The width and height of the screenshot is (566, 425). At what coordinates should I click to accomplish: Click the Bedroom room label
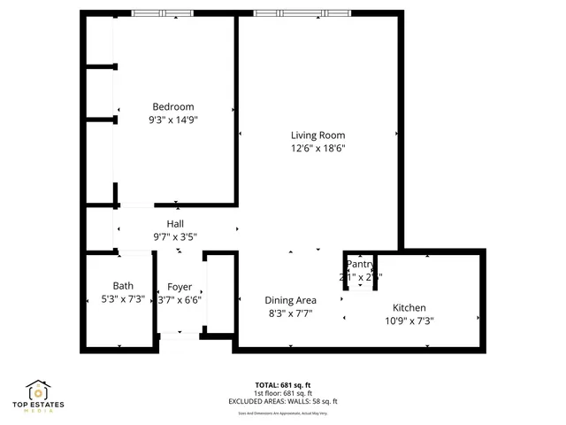[173, 107]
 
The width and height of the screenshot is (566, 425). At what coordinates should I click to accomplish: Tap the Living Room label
[317, 135]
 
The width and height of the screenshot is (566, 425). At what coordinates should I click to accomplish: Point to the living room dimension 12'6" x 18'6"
[317, 148]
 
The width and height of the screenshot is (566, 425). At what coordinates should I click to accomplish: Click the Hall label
[175, 224]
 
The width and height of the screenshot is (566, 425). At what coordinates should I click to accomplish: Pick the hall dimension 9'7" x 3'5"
[175, 236]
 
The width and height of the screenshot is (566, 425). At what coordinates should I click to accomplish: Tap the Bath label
[123, 285]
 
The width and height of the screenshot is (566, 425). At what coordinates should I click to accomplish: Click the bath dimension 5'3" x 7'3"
[123, 298]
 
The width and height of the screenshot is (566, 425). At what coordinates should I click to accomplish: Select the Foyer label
[180, 287]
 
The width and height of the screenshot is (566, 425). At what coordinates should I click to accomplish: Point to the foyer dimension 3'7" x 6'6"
[180, 299]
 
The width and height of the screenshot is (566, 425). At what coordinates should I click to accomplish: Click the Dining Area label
[290, 300]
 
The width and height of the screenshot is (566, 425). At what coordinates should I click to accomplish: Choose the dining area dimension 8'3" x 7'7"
[290, 313]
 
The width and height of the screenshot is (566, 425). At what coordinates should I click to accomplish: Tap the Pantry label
[361, 264]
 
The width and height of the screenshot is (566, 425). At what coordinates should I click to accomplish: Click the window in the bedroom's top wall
[163, 13]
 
